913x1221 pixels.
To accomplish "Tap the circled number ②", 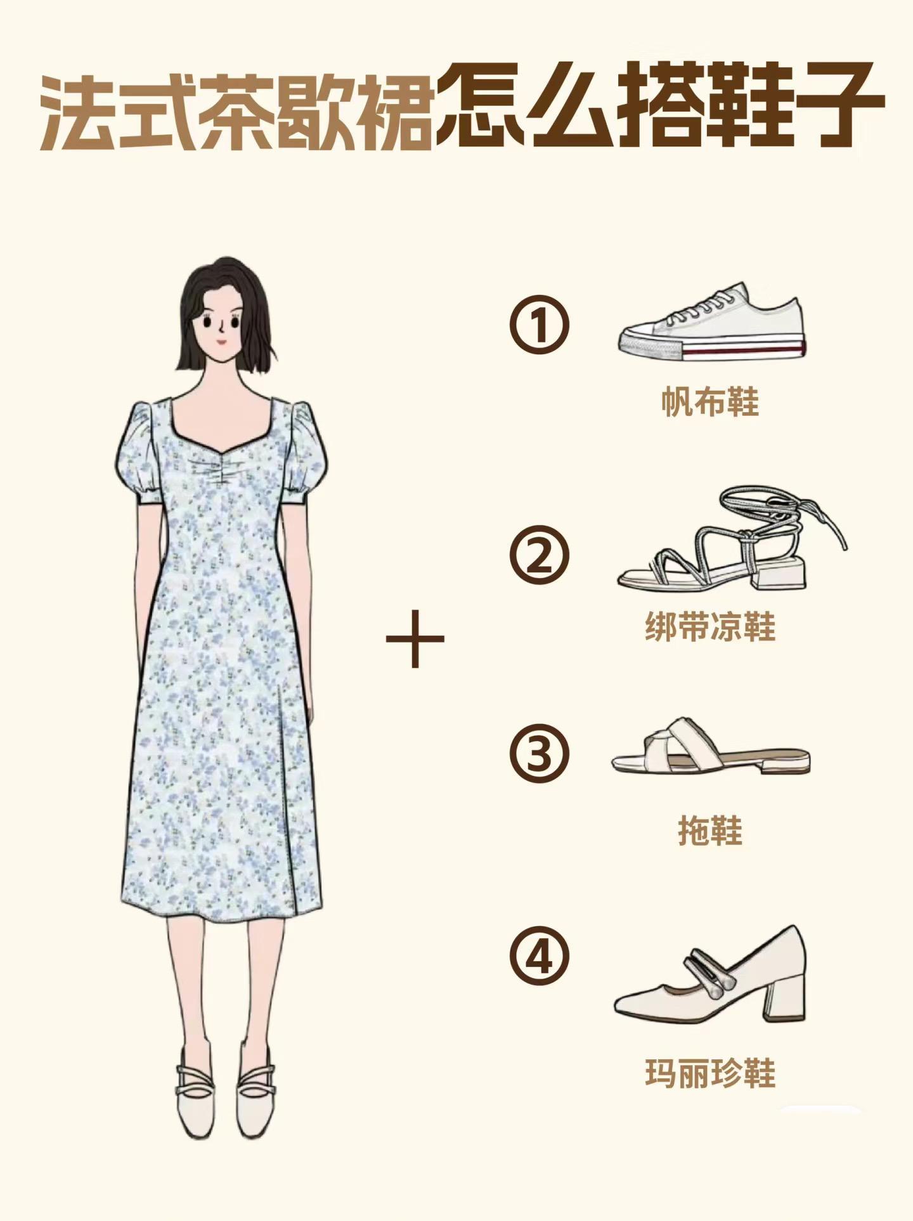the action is tap(539, 554).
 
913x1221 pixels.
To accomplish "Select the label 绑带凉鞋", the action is tap(710, 626).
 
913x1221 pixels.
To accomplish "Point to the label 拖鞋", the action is tap(710, 830).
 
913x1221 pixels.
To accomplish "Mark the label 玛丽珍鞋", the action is tap(710, 1074).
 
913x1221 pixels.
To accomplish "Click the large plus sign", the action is tap(415, 638).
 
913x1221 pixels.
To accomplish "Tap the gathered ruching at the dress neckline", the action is tap(221, 469).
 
